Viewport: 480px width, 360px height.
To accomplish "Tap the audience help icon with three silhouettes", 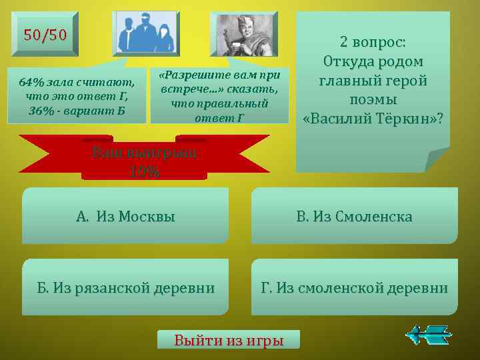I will (147, 33).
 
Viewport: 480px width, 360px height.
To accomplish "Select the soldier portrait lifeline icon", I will (243, 33).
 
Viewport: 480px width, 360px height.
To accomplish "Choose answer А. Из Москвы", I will (126, 216).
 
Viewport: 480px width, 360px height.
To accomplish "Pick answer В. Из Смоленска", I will (354, 216).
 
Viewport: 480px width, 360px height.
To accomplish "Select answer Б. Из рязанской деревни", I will (126, 288).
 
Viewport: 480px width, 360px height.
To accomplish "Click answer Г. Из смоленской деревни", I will (354, 288).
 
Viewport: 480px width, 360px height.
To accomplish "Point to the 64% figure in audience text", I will (31, 82).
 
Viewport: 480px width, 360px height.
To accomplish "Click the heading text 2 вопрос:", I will (373, 42).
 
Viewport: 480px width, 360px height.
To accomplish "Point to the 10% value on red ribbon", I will (145, 171).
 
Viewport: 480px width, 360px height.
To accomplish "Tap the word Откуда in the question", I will (347, 61).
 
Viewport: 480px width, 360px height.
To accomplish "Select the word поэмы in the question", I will (373, 99).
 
